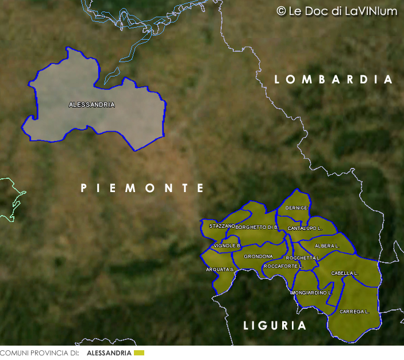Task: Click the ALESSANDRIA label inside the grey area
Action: tap(91, 105)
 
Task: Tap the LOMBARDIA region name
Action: tap(333, 79)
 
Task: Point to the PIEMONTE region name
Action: tap(143, 188)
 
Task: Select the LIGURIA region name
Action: tap(275, 325)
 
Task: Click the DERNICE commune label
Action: tap(297, 208)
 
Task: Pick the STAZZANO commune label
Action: tap(222, 226)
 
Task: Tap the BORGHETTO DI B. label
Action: tap(257, 228)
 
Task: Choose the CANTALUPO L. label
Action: tap(305, 228)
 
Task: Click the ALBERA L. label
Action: tap(327, 246)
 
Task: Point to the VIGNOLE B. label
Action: tap(227, 246)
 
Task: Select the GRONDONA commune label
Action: tap(258, 256)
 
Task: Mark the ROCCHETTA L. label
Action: tap(302, 258)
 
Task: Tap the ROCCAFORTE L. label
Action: tap(283, 266)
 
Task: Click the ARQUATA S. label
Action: tap(220, 269)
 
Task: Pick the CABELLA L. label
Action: tap(345, 273)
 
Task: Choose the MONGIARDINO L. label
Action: tap(311, 293)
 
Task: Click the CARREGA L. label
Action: tap(354, 311)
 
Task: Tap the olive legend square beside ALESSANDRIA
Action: tap(138, 353)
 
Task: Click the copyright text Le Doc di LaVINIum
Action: tap(337, 12)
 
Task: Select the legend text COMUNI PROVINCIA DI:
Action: tap(39, 353)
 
